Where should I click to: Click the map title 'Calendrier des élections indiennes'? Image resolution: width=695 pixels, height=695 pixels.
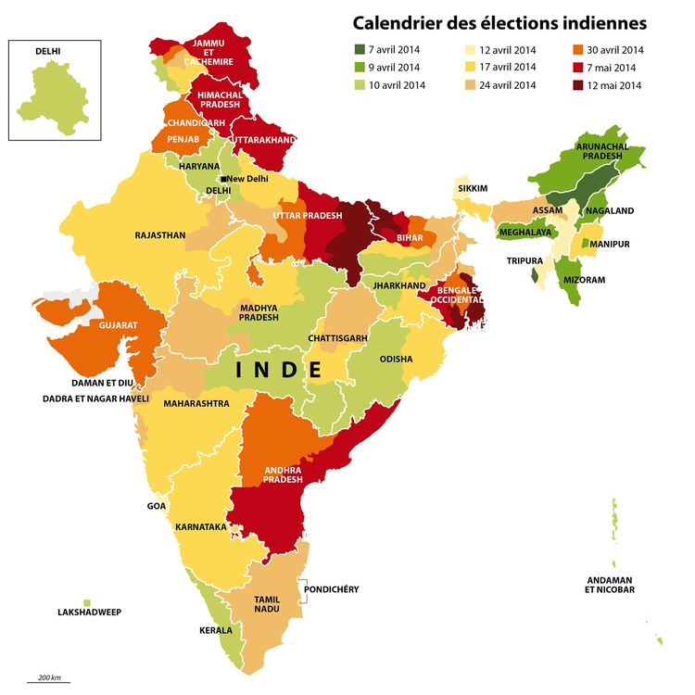pyautogui.click(x=499, y=22)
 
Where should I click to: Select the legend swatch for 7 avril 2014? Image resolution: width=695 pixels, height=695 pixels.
pyautogui.click(x=360, y=49)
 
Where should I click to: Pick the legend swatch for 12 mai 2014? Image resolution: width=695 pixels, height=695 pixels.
pyautogui.click(x=578, y=85)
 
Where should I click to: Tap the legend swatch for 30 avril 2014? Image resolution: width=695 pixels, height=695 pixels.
pyautogui.click(x=578, y=49)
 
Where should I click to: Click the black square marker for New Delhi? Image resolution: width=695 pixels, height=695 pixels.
pyautogui.click(x=222, y=179)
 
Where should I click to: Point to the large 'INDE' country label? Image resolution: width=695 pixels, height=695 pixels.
pyautogui.click(x=278, y=370)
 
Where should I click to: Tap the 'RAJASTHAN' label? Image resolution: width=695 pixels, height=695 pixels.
pyautogui.click(x=160, y=235)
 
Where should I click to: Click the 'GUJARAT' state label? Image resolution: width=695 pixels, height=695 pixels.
pyautogui.click(x=119, y=326)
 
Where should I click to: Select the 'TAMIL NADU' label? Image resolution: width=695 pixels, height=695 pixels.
pyautogui.click(x=267, y=605)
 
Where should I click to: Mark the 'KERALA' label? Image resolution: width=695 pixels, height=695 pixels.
pyautogui.click(x=216, y=630)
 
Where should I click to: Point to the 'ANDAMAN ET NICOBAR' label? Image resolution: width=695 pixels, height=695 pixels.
pyautogui.click(x=609, y=585)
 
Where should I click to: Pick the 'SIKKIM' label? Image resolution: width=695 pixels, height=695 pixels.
pyautogui.click(x=473, y=188)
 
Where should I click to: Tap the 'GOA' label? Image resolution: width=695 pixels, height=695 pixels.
pyautogui.click(x=157, y=506)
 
